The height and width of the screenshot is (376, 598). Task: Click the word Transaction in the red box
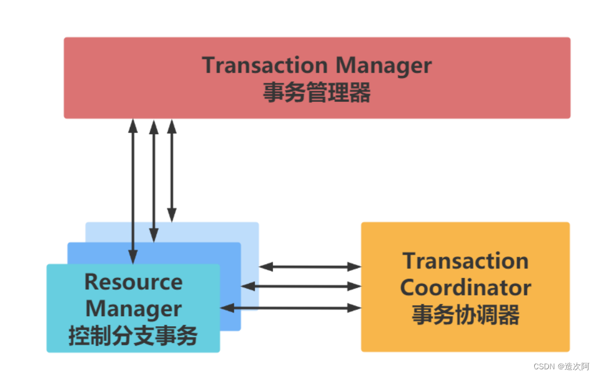click(x=265, y=65)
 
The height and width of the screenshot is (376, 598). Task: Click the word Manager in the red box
click(x=384, y=65)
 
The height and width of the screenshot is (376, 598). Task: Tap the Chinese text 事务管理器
click(x=317, y=93)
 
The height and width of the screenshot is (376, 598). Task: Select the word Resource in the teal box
click(x=133, y=282)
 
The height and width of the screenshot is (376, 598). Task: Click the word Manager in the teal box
click(x=133, y=309)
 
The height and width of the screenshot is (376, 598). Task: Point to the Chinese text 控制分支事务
click(x=133, y=336)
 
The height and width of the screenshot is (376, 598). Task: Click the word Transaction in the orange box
click(x=465, y=261)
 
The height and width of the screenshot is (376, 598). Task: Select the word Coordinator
click(x=465, y=288)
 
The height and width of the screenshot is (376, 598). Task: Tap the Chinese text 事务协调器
click(x=465, y=315)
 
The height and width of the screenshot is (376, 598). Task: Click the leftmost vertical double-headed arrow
click(x=133, y=190)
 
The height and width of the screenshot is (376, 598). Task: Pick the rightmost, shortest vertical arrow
click(x=172, y=170)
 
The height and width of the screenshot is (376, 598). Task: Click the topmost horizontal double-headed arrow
click(x=310, y=267)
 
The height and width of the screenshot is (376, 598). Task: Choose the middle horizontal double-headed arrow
click(x=302, y=286)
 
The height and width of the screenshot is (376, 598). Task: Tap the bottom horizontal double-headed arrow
click(x=291, y=308)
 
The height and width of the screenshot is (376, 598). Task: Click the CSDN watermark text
click(x=561, y=366)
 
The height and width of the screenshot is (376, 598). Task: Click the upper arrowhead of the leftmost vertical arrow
click(x=133, y=125)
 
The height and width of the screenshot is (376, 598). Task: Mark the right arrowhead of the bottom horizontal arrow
click(x=355, y=308)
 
